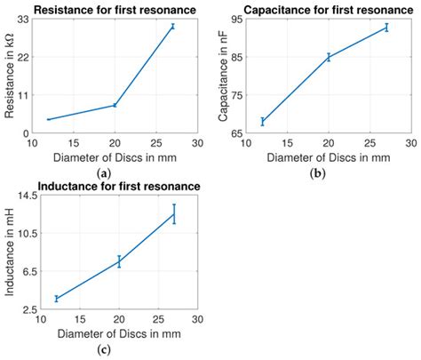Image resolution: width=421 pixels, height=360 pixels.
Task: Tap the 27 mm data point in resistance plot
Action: (x=172, y=27)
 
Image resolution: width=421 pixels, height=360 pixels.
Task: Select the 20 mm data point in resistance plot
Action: (x=115, y=105)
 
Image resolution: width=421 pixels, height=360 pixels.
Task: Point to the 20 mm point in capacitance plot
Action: (x=329, y=57)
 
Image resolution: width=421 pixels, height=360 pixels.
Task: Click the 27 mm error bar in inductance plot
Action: (x=174, y=213)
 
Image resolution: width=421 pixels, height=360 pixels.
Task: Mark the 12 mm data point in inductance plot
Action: (x=56, y=299)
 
